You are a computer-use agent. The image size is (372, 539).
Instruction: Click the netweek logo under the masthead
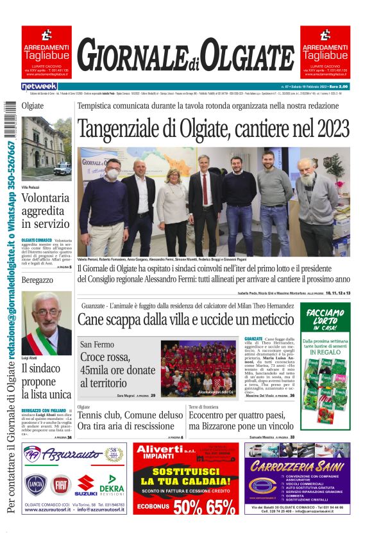click(x=39, y=86)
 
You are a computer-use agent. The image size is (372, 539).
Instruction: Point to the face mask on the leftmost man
click(x=112, y=173)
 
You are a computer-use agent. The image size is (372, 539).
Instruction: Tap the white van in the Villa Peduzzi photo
click(x=62, y=169)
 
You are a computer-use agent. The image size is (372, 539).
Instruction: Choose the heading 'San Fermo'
click(x=97, y=344)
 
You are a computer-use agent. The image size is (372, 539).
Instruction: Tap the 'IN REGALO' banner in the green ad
click(x=326, y=352)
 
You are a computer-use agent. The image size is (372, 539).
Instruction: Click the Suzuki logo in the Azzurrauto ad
click(x=86, y=485)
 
